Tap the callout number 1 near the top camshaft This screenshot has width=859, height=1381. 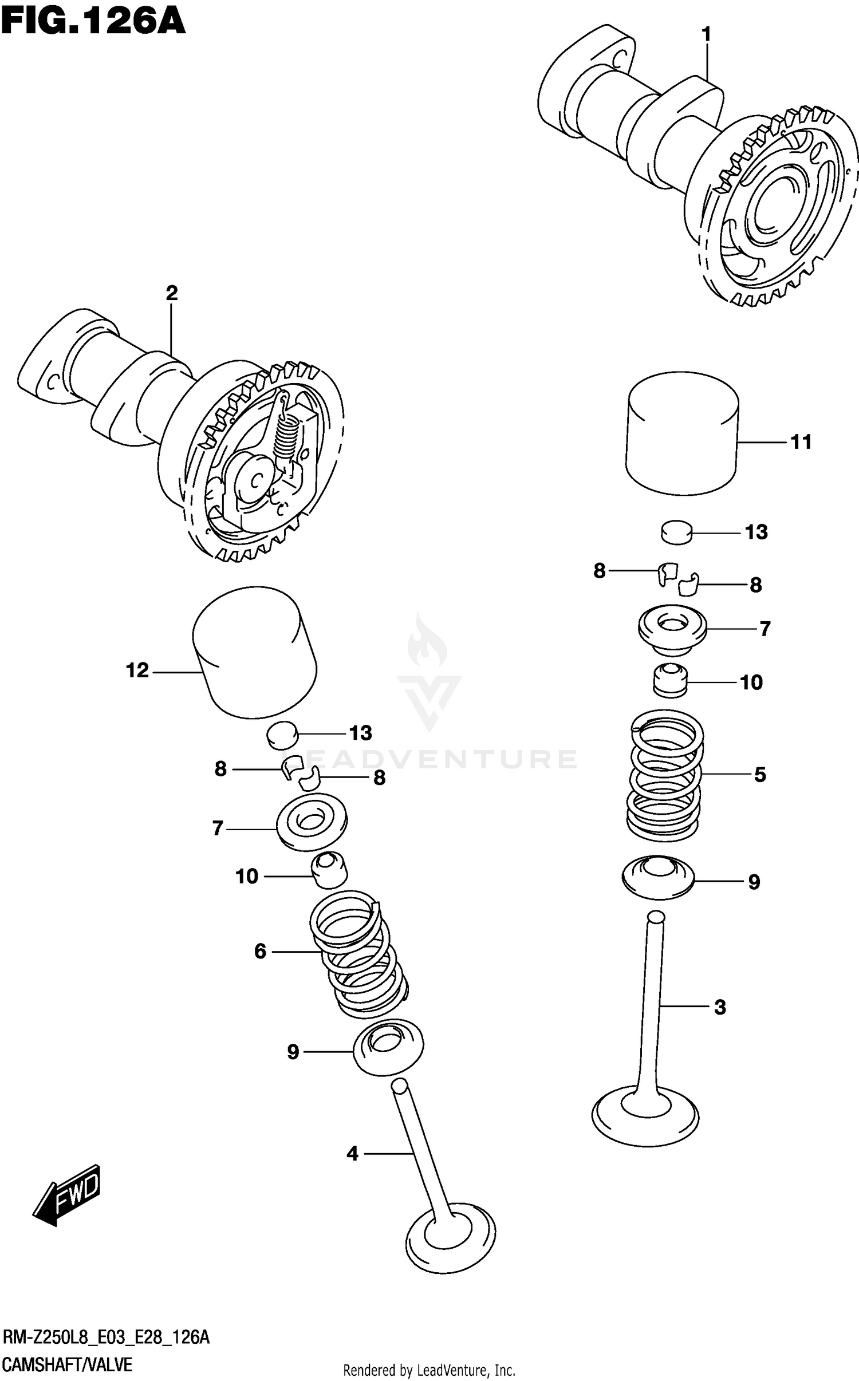706,35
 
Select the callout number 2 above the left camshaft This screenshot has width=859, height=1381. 171,293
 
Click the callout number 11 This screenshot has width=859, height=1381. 801,442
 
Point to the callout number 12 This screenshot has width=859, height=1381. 137,670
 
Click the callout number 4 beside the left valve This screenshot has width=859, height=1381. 352,1154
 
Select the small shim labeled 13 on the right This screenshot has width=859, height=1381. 676,531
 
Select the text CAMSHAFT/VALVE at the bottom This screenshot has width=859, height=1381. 68,1365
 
